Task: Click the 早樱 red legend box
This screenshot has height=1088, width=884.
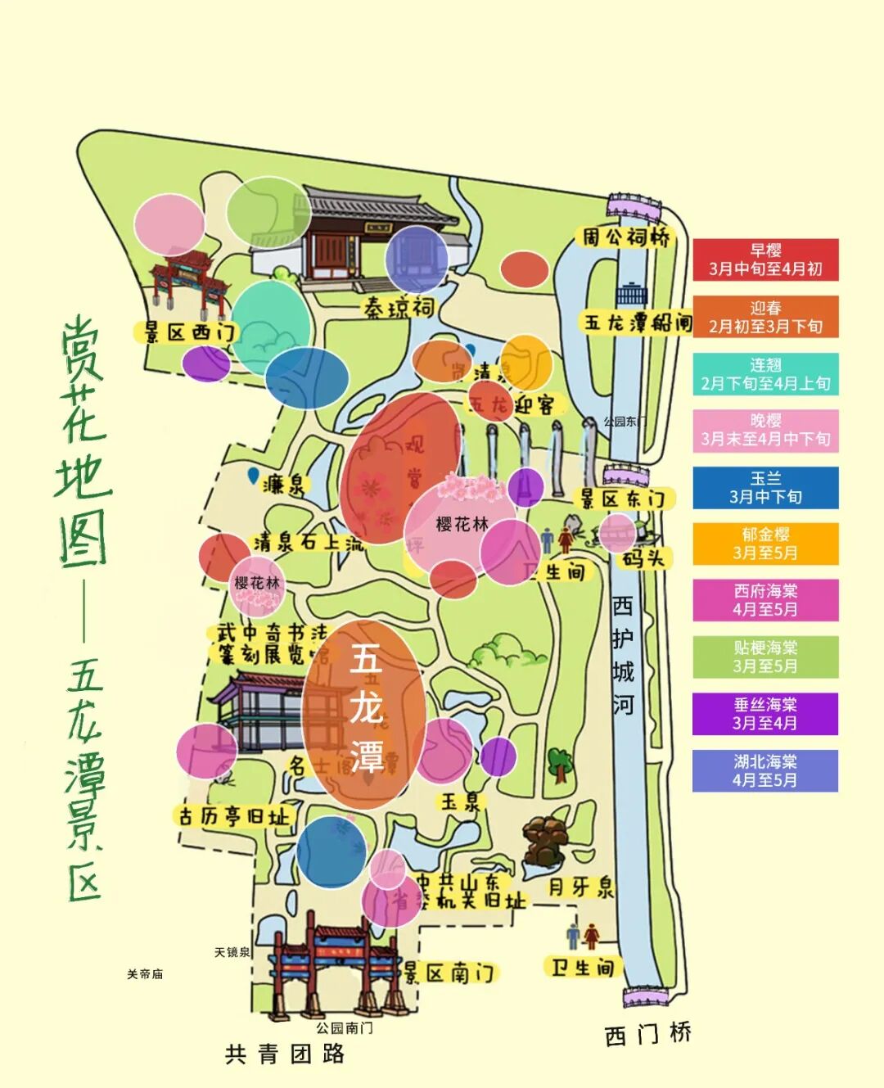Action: coord(765,260)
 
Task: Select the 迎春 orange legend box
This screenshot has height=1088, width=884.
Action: coord(765,317)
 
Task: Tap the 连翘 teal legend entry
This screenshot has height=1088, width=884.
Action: coord(765,374)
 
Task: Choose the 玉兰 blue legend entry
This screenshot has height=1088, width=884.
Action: coord(765,488)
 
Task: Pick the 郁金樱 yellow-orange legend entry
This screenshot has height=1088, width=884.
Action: coord(765,544)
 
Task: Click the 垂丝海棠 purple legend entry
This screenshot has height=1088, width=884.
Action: coord(765,714)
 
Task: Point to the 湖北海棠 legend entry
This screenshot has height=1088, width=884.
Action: coord(765,770)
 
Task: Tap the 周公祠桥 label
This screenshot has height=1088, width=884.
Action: coord(626,237)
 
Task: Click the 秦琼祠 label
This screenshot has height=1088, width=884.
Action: coord(399,308)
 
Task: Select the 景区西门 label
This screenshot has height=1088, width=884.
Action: coord(189,332)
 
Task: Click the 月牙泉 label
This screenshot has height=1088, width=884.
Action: coord(580,887)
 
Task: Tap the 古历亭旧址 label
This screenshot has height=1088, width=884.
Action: coord(234,816)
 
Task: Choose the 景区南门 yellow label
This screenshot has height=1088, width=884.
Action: coord(449,973)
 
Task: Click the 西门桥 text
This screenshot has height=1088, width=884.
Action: coord(648,1034)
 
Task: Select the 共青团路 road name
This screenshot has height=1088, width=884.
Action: coord(285,1054)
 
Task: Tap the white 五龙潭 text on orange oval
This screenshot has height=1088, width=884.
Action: coord(366,707)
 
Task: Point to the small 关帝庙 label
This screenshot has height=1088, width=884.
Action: coord(145,974)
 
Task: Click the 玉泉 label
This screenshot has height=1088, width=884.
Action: coord(460,801)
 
